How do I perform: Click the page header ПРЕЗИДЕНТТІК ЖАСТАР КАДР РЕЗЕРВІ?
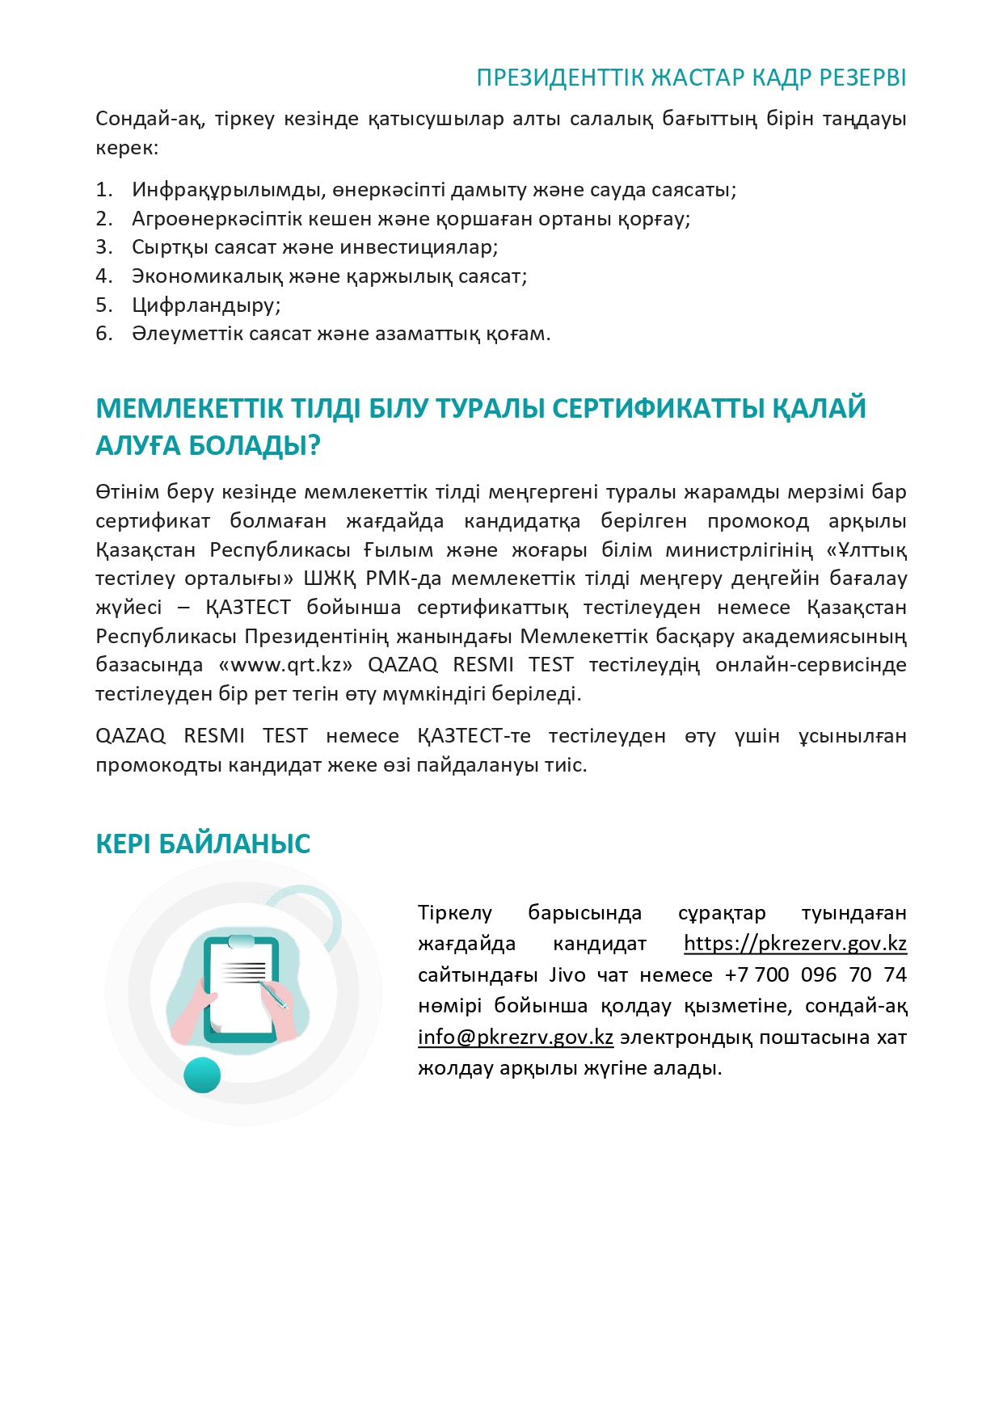click(x=691, y=78)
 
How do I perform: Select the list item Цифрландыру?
click(x=206, y=305)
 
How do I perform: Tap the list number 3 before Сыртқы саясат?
click(x=103, y=247)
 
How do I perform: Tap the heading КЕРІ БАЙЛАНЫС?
click(x=203, y=844)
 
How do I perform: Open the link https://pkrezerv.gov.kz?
click(x=795, y=944)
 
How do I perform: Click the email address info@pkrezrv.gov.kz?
click(x=516, y=1037)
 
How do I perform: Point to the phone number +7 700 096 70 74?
click(x=815, y=975)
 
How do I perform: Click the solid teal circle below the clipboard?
click(x=202, y=1075)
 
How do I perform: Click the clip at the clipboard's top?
click(x=241, y=941)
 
